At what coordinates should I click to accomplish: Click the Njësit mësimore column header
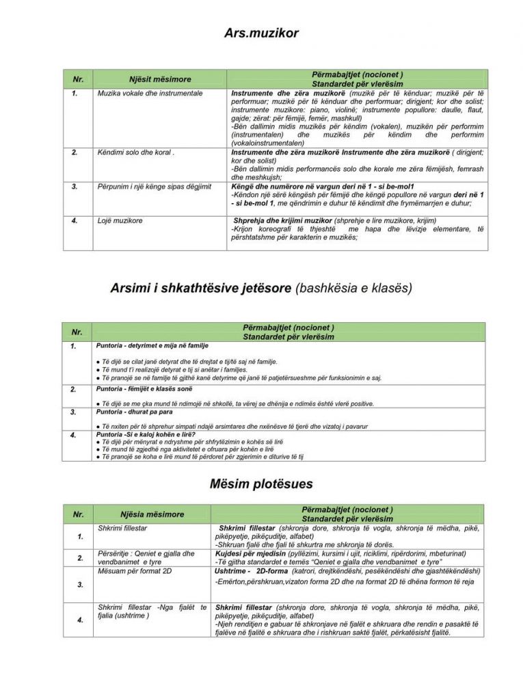tap(160, 79)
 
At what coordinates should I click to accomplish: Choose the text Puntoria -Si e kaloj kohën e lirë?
tap(146, 434)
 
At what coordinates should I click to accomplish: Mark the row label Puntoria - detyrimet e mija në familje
tap(152, 346)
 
